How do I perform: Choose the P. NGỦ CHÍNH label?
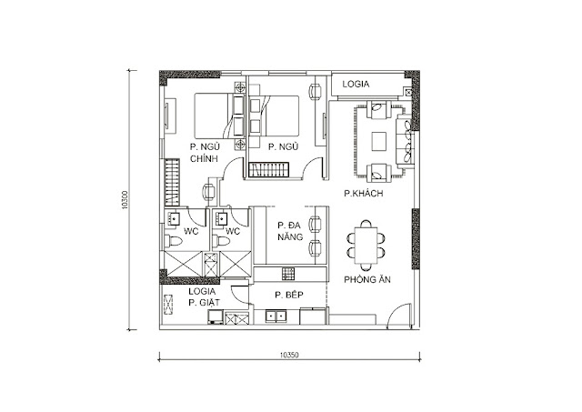click(x=205, y=152)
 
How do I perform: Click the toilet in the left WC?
click(x=172, y=240)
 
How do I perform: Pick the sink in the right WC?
click(x=222, y=218)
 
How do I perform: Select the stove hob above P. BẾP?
click(x=286, y=273)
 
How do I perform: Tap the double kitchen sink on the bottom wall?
click(x=277, y=317)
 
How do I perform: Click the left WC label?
click(x=192, y=232)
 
